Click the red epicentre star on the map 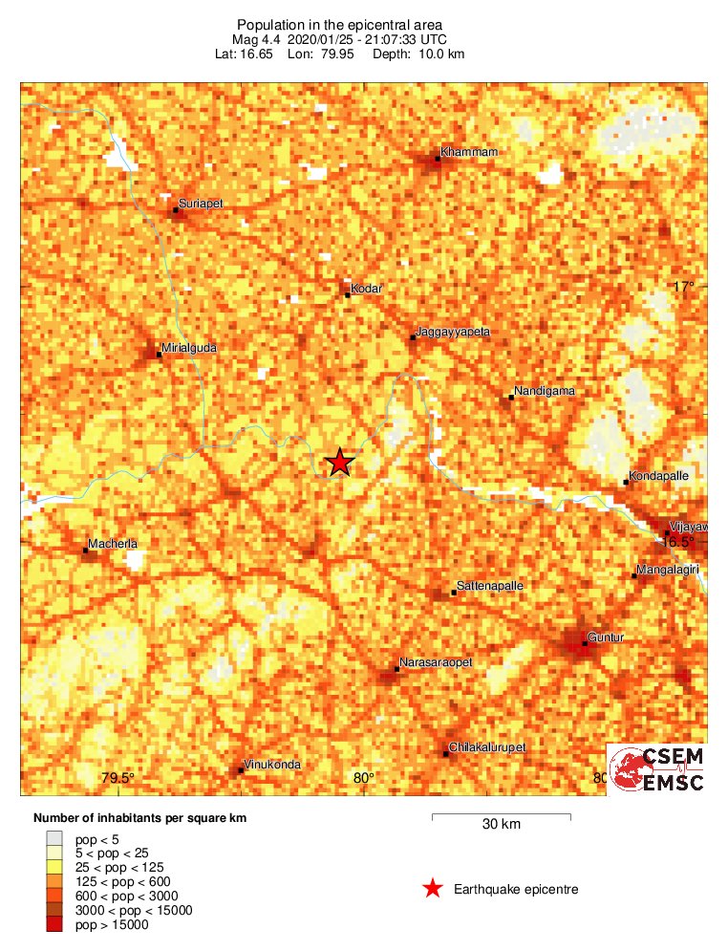[339, 463]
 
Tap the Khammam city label [469, 152]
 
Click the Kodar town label [367, 288]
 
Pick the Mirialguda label [189, 348]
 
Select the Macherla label [113, 544]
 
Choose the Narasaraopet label [436, 661]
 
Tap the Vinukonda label [273, 764]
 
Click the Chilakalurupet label [488, 746]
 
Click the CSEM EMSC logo [657, 768]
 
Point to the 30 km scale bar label [501, 825]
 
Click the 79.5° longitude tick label [118, 778]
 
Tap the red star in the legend [433, 889]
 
